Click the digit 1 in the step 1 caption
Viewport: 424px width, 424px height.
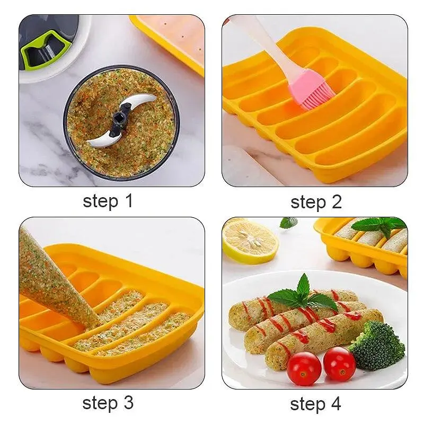129,201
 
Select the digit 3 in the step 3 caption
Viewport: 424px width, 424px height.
128,403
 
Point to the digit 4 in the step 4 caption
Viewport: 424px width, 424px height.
335,404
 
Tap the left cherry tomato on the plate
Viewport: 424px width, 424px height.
304,368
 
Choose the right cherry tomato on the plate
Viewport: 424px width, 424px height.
339,363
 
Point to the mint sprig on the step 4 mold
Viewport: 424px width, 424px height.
378,225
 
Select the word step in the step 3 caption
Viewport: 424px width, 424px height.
100,404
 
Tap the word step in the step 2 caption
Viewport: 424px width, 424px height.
308,203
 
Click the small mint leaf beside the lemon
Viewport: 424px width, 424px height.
288,223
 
